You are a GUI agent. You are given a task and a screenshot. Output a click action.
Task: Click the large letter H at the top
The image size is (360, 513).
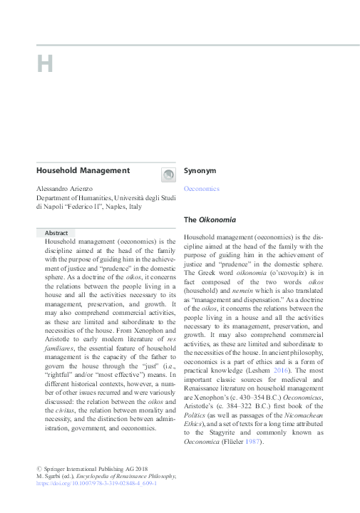(x=45, y=64)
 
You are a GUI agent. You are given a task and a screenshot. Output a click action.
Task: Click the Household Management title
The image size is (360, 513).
(x=83, y=170)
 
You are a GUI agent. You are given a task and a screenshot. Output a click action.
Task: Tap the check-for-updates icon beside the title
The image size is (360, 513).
(x=167, y=174)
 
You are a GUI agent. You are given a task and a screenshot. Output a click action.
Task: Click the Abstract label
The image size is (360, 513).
(x=56, y=233)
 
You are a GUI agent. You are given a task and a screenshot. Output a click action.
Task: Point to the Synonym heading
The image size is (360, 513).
(x=200, y=171)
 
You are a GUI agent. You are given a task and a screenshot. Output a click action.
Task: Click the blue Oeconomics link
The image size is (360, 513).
(x=202, y=189)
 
